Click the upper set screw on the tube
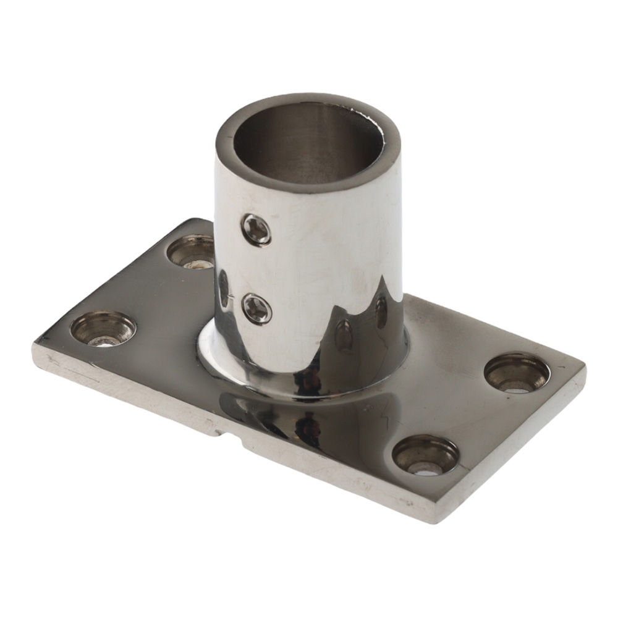coord(256,230)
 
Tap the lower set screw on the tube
coord(256,308)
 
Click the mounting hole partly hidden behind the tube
coord(190,252)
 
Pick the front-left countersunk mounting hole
coord(103,328)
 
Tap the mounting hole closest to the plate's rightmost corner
coord(517,373)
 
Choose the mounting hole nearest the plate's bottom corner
coord(425,455)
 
